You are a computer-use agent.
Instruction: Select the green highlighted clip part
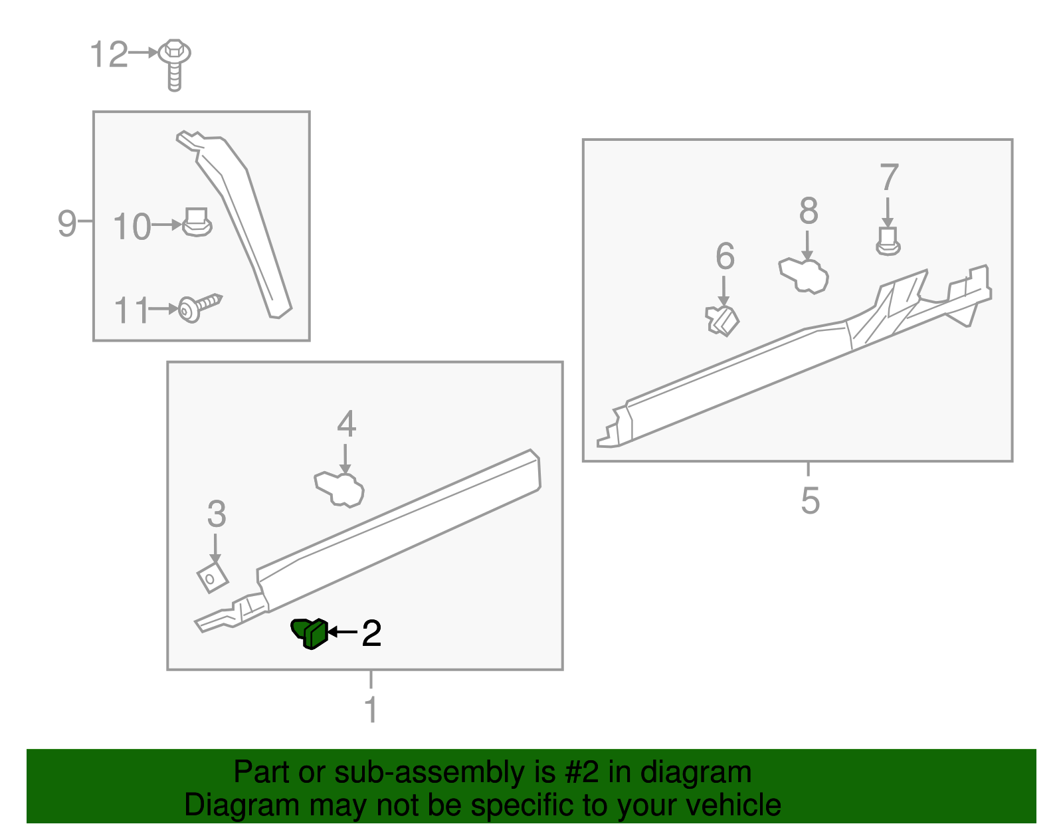point(310,633)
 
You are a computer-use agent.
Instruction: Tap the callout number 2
point(371,633)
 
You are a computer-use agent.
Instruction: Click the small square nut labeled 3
point(213,577)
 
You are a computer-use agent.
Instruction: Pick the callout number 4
point(346,424)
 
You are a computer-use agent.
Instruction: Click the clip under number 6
point(722,320)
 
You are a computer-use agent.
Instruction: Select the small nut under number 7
point(888,242)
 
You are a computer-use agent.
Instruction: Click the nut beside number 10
point(197,223)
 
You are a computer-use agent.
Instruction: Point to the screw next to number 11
point(199,308)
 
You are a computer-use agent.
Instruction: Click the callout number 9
point(67,223)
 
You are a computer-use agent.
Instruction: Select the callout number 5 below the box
point(810,500)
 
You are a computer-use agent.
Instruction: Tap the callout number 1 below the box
point(371,710)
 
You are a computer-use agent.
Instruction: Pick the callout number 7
point(889,178)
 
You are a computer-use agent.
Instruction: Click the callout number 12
point(108,54)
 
